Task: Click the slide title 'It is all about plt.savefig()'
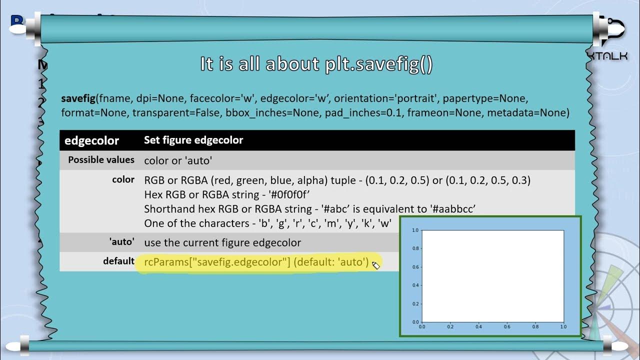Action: click(x=316, y=64)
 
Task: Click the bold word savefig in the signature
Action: click(x=78, y=98)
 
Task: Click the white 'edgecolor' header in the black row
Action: click(x=91, y=140)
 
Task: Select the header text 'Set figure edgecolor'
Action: click(x=193, y=140)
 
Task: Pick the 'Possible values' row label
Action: click(x=101, y=160)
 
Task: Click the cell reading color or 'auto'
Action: click(x=178, y=160)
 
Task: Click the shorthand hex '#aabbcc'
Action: click(x=452, y=208)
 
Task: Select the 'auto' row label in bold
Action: click(x=121, y=242)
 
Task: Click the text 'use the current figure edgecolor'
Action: click(x=222, y=242)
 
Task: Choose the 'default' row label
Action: click(x=118, y=261)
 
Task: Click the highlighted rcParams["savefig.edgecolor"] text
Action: click(x=217, y=262)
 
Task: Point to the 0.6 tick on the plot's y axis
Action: click(x=415, y=267)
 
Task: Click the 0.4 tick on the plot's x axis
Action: click(x=478, y=326)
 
